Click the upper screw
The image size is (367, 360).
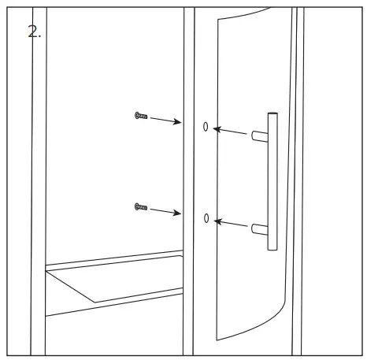pyautogui.click(x=141, y=116)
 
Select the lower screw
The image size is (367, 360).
pyautogui.click(x=141, y=207)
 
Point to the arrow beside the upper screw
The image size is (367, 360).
pyautogui.click(x=165, y=120)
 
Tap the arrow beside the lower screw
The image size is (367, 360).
pyautogui.click(x=165, y=210)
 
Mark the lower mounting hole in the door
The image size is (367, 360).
pyautogui.click(x=206, y=217)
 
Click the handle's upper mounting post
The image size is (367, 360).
pyautogui.click(x=258, y=136)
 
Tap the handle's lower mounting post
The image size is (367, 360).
pyautogui.click(x=258, y=228)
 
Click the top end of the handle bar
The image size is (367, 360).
pyautogui.click(x=272, y=115)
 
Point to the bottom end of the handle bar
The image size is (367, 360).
pyautogui.click(x=272, y=247)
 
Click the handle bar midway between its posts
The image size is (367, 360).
pyautogui.click(x=272, y=182)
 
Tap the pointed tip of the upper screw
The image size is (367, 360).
pyautogui.click(x=147, y=117)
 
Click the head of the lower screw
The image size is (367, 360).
pyautogui.click(x=136, y=206)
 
